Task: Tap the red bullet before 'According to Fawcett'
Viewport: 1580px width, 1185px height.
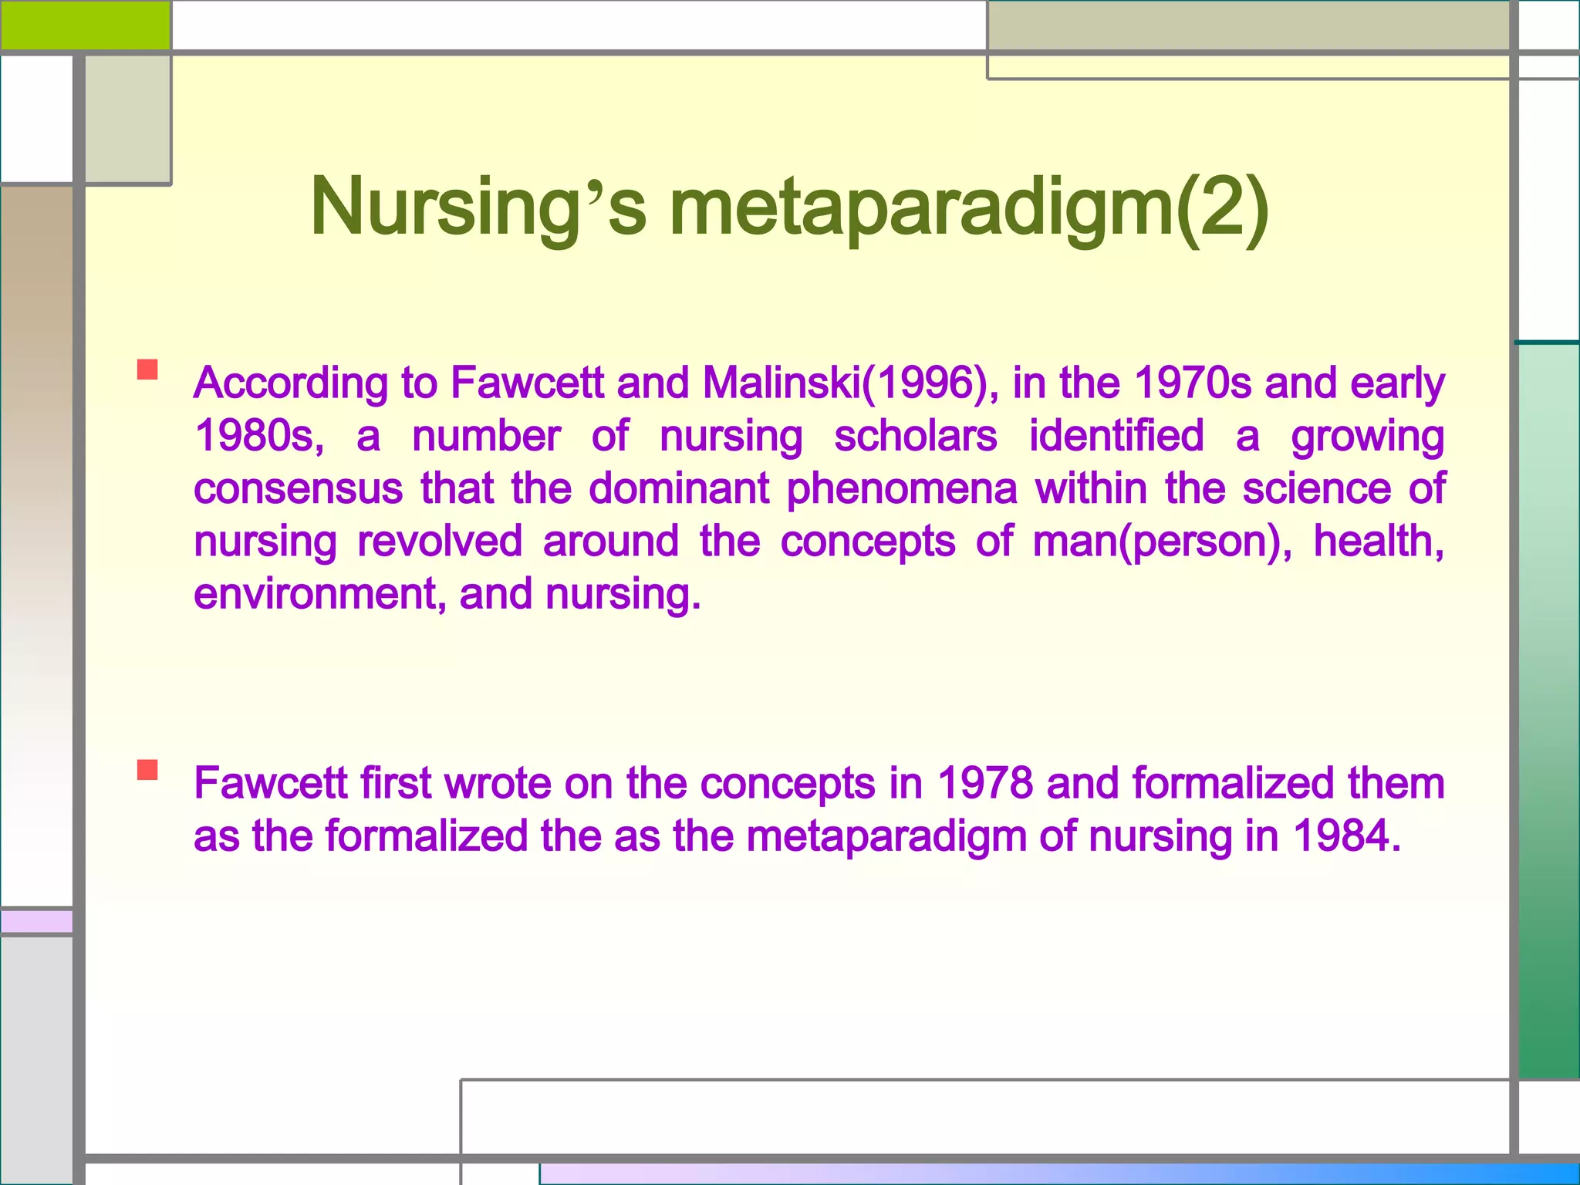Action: tap(147, 370)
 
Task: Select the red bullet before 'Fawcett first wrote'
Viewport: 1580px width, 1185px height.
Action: tap(147, 770)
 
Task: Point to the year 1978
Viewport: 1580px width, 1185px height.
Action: tap(985, 783)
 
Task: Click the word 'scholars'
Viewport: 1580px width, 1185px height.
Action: tap(916, 436)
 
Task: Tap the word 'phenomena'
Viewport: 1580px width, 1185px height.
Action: tap(902, 489)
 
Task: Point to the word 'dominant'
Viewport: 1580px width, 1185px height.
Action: tap(679, 489)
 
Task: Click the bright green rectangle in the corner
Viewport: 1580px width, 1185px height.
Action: tap(85, 25)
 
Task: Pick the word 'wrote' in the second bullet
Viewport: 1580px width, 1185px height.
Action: tap(497, 783)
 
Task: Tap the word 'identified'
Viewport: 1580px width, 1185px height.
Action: tap(1116, 436)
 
